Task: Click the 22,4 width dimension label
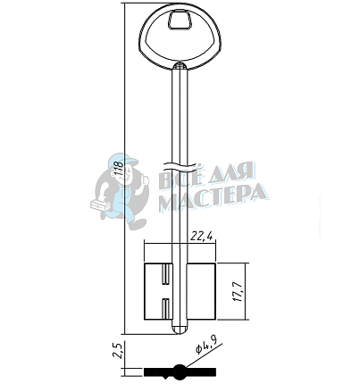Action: click(x=202, y=236)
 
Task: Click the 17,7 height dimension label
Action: click(x=239, y=291)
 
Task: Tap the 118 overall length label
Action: click(x=118, y=168)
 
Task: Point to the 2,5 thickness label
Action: click(x=118, y=351)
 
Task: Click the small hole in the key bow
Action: click(x=180, y=21)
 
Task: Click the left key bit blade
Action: click(x=158, y=292)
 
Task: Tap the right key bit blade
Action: click(x=201, y=292)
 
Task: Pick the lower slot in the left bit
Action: click(x=166, y=309)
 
